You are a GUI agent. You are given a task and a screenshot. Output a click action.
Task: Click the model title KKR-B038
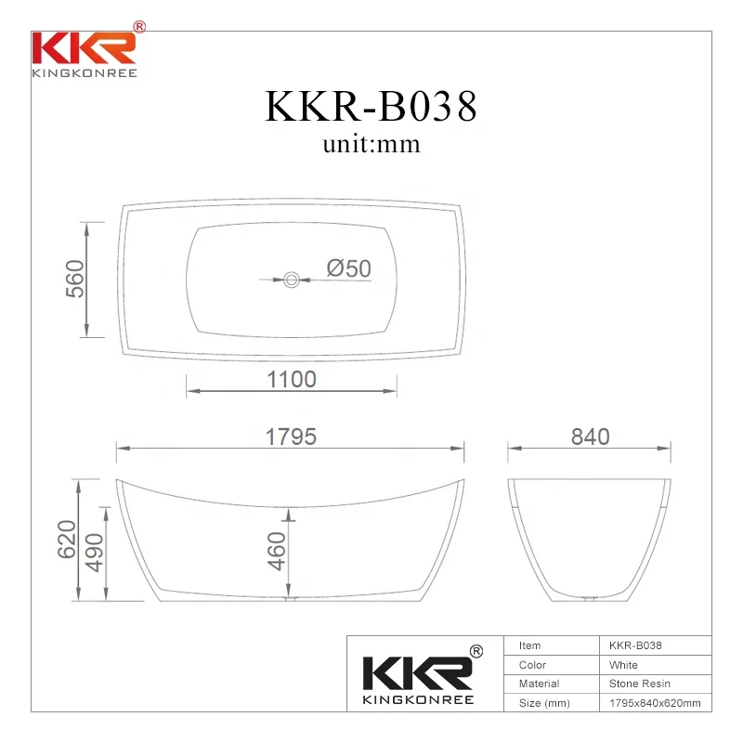coord(371,107)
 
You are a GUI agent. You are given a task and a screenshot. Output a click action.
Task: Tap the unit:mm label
coord(371,144)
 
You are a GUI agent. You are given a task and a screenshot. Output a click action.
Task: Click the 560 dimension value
coord(75,279)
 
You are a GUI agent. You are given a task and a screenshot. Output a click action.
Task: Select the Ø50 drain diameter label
coord(348,268)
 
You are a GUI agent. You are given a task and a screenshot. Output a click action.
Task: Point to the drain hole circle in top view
coord(292,278)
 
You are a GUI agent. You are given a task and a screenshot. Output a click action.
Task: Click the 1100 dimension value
coord(292,380)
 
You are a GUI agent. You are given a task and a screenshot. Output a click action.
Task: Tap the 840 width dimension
coord(590,437)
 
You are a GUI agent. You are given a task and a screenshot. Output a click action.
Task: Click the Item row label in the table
coord(530,645)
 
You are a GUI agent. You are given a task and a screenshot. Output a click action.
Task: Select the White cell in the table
coord(623,665)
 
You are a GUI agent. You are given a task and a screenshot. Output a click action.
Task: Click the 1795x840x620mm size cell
coord(654,703)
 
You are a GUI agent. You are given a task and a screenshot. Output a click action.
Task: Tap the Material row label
coord(539,684)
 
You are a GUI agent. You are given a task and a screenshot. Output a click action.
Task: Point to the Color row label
coord(532,665)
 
